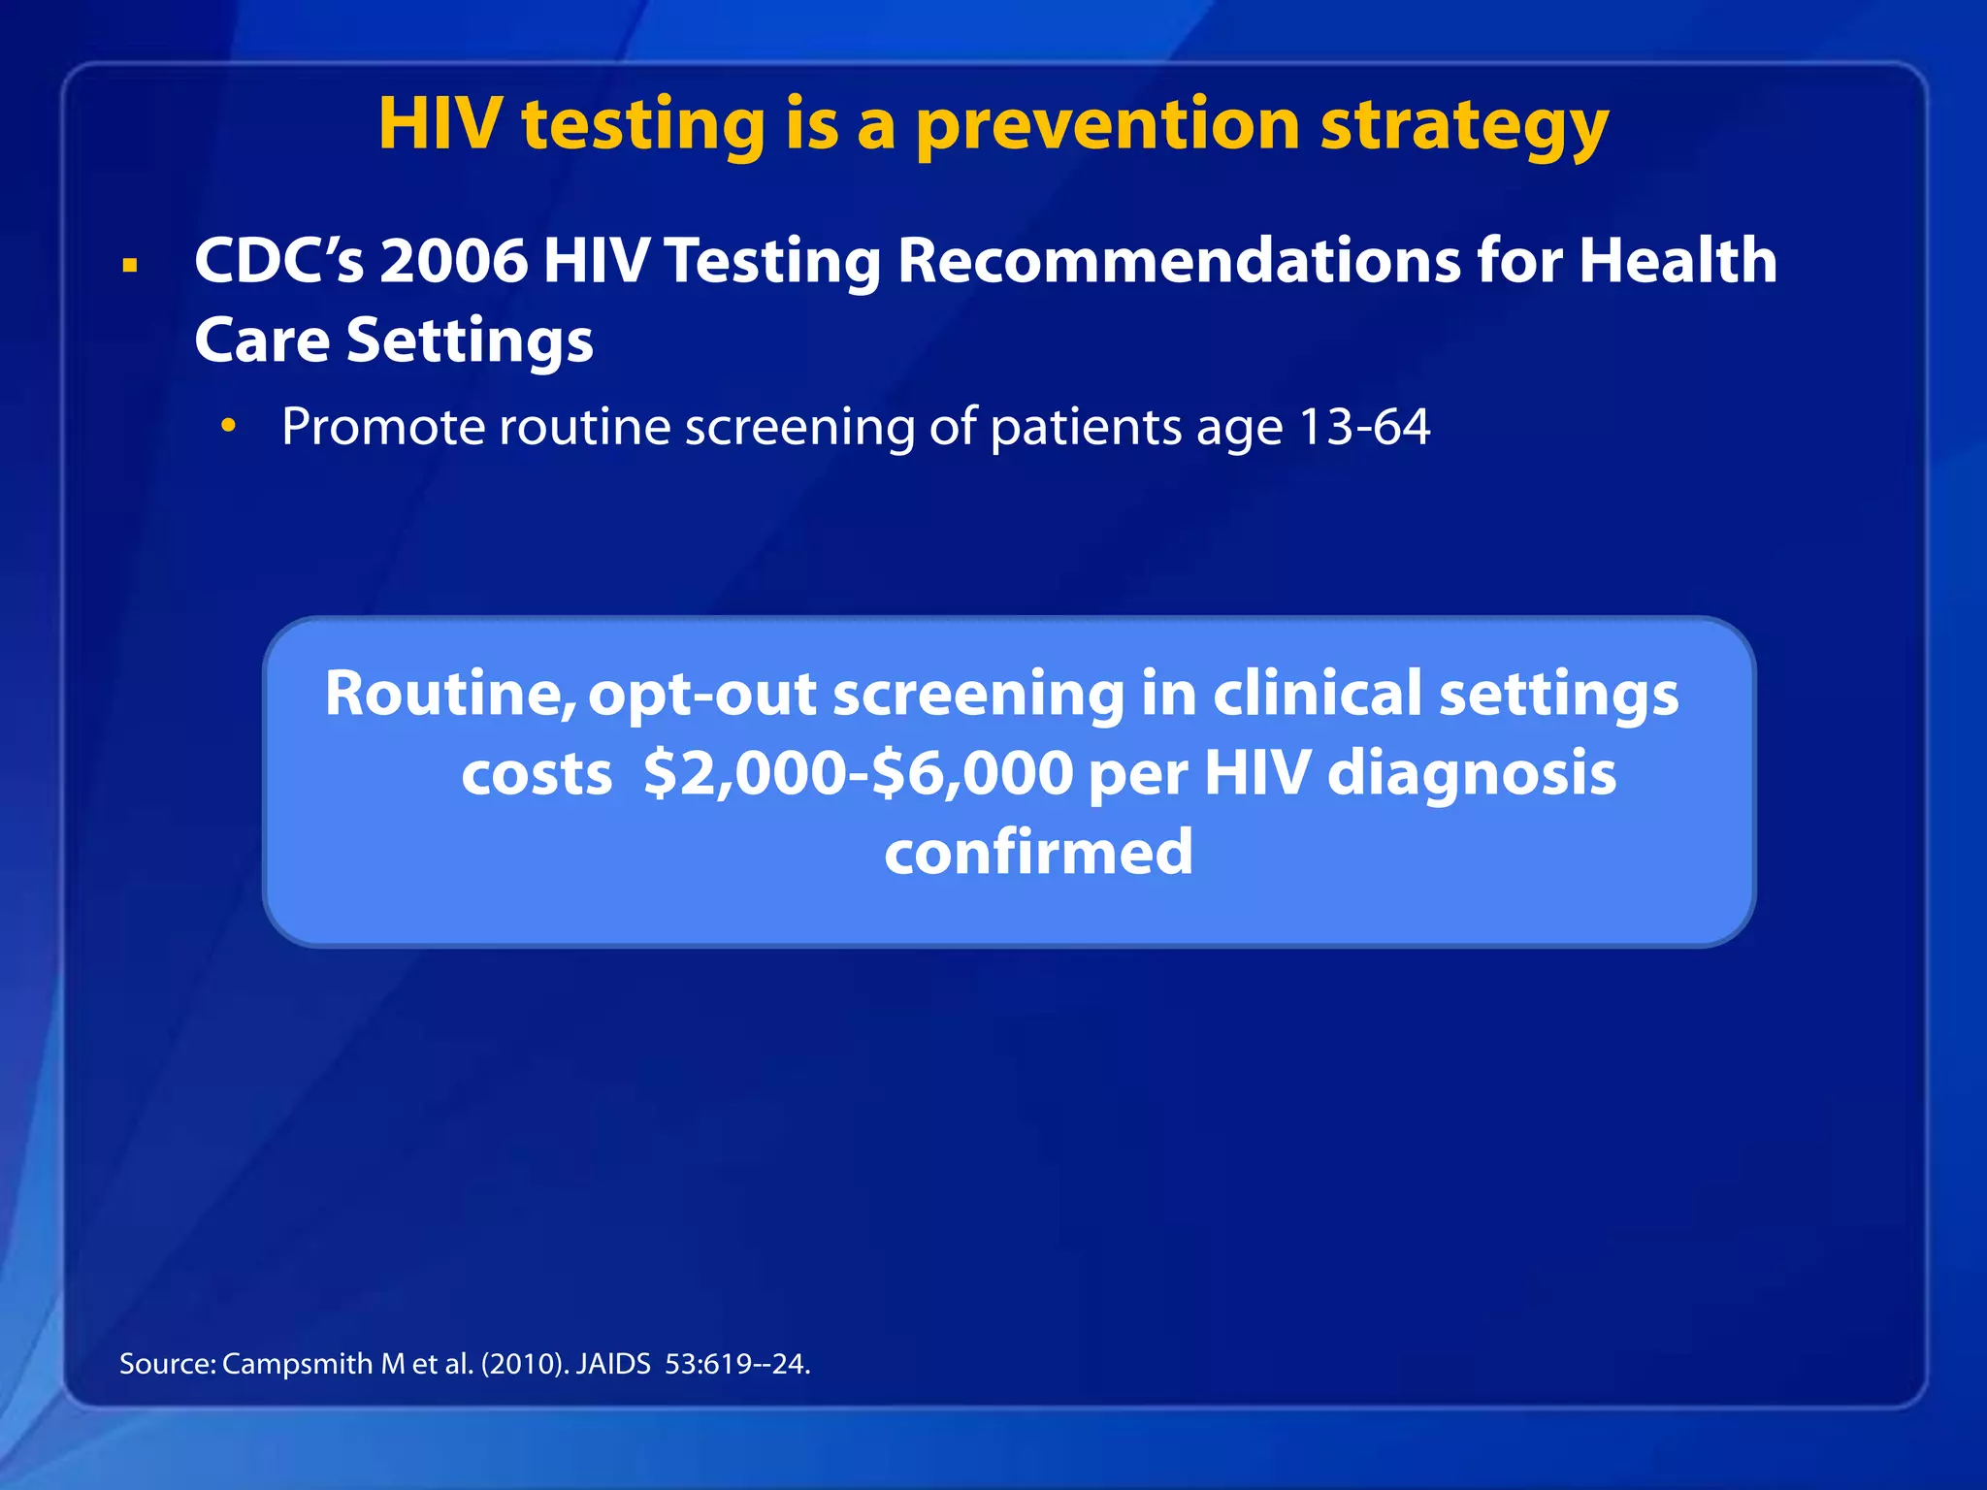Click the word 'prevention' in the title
click(1107, 126)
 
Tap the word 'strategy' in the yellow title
click(1464, 126)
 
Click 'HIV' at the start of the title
click(440, 126)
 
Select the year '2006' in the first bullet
click(452, 262)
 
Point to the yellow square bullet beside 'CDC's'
click(130, 265)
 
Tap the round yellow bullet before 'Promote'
click(228, 426)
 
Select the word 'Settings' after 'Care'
click(470, 341)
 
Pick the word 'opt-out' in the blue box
click(702, 695)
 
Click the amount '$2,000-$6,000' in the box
click(858, 774)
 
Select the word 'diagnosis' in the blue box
click(1471, 774)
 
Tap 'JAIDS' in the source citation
click(613, 1364)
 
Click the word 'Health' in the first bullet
click(1678, 262)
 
